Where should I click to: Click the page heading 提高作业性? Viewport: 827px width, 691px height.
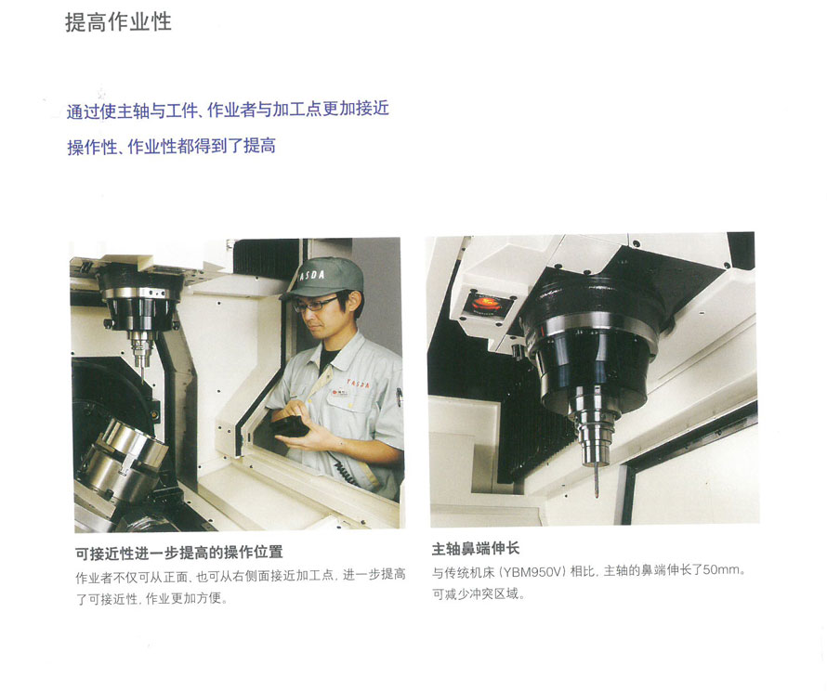(118, 22)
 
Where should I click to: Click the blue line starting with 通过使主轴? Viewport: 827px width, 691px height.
(228, 109)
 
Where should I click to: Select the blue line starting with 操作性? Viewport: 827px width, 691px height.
(171, 146)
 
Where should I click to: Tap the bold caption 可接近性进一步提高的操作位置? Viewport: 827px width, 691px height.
(179, 553)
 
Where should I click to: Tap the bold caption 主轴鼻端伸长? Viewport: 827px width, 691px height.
(476, 549)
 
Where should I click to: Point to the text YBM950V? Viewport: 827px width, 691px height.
(533, 571)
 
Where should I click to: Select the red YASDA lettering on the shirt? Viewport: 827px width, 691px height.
(358, 383)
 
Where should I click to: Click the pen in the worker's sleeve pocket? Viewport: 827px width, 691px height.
(400, 397)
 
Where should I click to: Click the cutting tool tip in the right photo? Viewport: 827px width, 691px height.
(597, 495)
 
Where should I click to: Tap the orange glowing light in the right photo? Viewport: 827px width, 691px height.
(487, 304)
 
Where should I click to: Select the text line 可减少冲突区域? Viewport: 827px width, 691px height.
(479, 594)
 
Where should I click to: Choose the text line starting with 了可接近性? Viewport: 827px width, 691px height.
(151, 599)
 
